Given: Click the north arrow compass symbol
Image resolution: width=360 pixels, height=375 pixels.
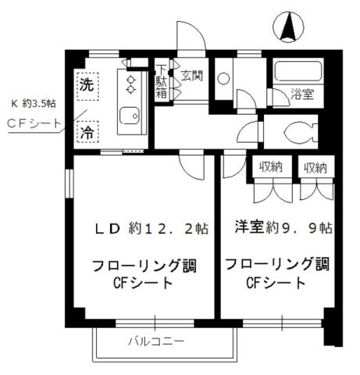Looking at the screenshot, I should pyautogui.click(x=287, y=29).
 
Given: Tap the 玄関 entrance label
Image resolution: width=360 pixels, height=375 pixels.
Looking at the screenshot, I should pyautogui.click(x=192, y=76).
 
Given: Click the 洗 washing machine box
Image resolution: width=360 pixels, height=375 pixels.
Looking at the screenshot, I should pyautogui.click(x=85, y=87).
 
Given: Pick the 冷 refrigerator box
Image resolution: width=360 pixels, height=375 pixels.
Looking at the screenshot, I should pyautogui.click(x=85, y=132).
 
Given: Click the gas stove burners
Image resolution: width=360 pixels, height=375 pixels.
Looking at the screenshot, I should pyautogui.click(x=130, y=84).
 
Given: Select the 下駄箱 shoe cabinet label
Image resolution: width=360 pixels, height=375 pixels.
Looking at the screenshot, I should pyautogui.click(x=161, y=80).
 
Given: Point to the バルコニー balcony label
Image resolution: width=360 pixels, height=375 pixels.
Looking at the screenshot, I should pyautogui.click(x=156, y=342).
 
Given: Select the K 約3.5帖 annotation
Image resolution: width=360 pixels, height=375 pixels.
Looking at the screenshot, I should pyautogui.click(x=32, y=102).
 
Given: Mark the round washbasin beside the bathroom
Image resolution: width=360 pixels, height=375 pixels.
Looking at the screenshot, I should pyautogui.click(x=223, y=79).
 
